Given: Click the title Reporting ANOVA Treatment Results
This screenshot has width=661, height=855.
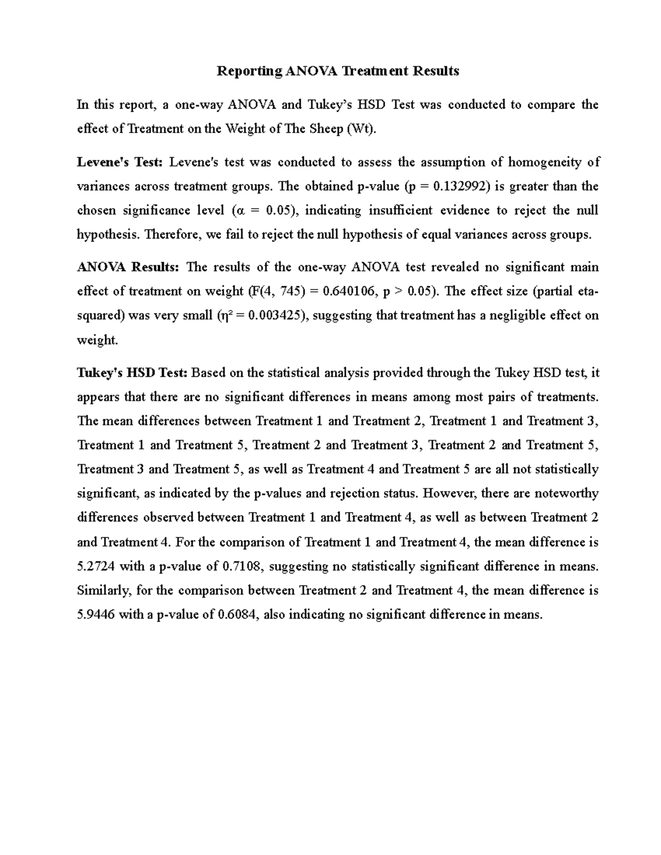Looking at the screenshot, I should click(338, 71).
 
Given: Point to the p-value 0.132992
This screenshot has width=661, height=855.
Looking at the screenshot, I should click(460, 186).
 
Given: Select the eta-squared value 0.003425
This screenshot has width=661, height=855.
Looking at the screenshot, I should click(275, 315).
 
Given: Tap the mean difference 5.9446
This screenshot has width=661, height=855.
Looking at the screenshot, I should click(96, 614).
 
